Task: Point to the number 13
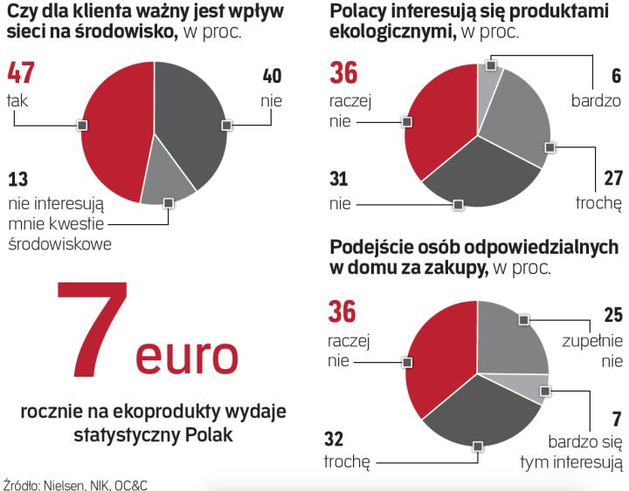coord(18,181)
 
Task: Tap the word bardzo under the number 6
coord(597,100)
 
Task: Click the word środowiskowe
coord(59,243)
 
